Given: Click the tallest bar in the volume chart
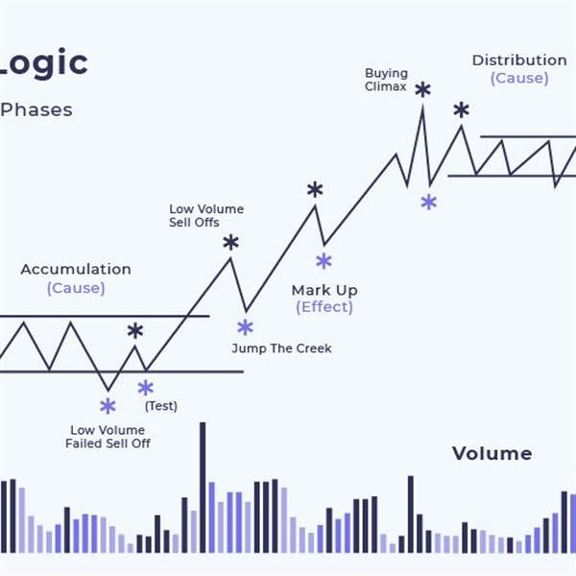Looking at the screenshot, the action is [x=203, y=487].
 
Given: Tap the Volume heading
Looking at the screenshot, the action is [x=492, y=453].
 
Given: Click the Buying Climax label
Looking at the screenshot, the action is [x=386, y=80].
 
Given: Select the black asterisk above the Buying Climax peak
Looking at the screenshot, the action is [x=422, y=90].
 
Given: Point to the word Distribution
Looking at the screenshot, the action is [x=519, y=60].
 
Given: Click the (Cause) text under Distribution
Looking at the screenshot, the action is [x=519, y=78].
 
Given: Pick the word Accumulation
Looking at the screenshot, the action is [x=76, y=269].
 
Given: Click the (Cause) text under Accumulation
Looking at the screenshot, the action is [x=76, y=288].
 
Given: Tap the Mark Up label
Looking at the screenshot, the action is [x=324, y=291].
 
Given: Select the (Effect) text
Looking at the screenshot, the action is [x=324, y=307].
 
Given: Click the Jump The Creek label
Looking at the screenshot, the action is [x=281, y=348].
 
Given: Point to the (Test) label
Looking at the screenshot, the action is [x=161, y=406].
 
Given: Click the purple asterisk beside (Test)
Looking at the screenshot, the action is [x=146, y=388].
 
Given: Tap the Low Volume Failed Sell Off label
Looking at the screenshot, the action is [x=108, y=437].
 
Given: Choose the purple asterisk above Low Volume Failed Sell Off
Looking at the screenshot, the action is [x=108, y=406].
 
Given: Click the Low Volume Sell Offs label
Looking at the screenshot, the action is [x=206, y=216].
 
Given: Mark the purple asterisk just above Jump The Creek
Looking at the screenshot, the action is [x=245, y=327].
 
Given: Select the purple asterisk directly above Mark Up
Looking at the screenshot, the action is [x=324, y=261].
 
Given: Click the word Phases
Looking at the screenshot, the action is [x=36, y=109].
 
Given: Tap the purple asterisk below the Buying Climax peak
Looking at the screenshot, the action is [x=429, y=202].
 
